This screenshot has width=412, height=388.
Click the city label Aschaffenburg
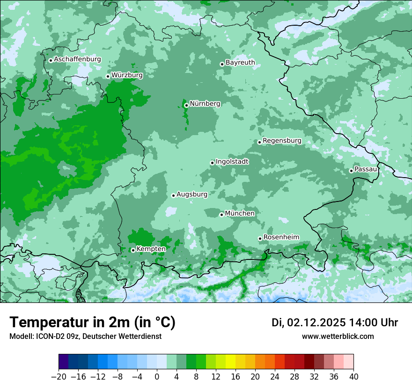77,59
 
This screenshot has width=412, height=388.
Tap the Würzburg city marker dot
108,76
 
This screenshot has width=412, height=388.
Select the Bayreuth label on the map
240,62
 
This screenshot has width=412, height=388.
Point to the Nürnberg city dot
186,105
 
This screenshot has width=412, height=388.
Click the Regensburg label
282,140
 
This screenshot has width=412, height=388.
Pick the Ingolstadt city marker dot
212,163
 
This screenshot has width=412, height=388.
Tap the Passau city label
366,169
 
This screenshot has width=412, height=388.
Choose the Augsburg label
192,194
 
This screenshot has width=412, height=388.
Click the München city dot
221,215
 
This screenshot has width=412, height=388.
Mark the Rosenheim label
281,237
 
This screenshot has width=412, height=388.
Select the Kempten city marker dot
133,250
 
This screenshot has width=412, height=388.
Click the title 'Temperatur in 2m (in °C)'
92,322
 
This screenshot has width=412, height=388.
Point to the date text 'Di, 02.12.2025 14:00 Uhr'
335,323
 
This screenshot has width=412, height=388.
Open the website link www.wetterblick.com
338,336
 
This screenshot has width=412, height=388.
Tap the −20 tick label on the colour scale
59,377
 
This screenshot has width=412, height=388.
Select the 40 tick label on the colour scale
353,377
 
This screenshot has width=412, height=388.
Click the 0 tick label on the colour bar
157,377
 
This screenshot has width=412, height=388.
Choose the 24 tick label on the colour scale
275,377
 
